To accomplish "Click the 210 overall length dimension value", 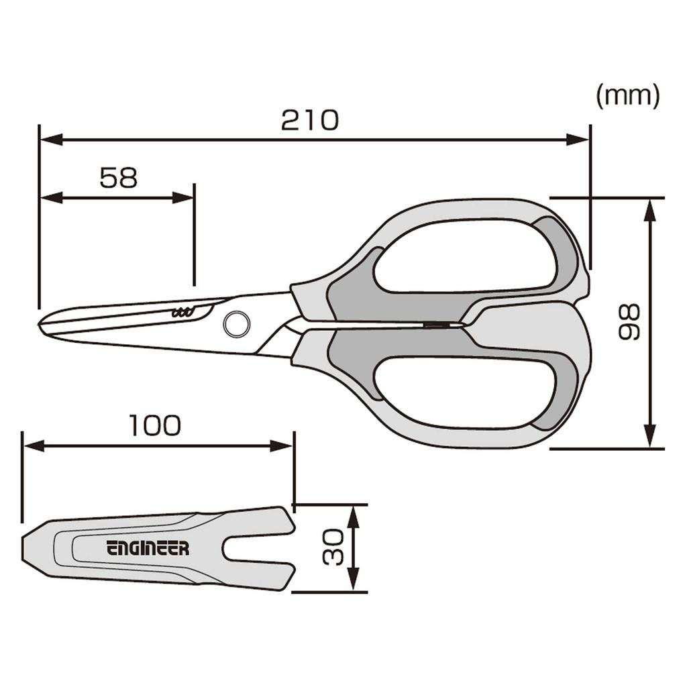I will pyautogui.click(x=310, y=121).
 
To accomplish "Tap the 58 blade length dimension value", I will pyautogui.click(x=118, y=178).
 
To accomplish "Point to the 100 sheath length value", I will pyautogui.click(x=155, y=425).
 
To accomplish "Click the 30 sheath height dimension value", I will pyautogui.click(x=333, y=547).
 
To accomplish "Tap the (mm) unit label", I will pyautogui.click(x=628, y=96).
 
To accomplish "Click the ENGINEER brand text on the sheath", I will pyautogui.click(x=148, y=548).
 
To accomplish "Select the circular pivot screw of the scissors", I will pyautogui.click(x=235, y=324).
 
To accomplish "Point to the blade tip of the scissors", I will pyautogui.click(x=41, y=322).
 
